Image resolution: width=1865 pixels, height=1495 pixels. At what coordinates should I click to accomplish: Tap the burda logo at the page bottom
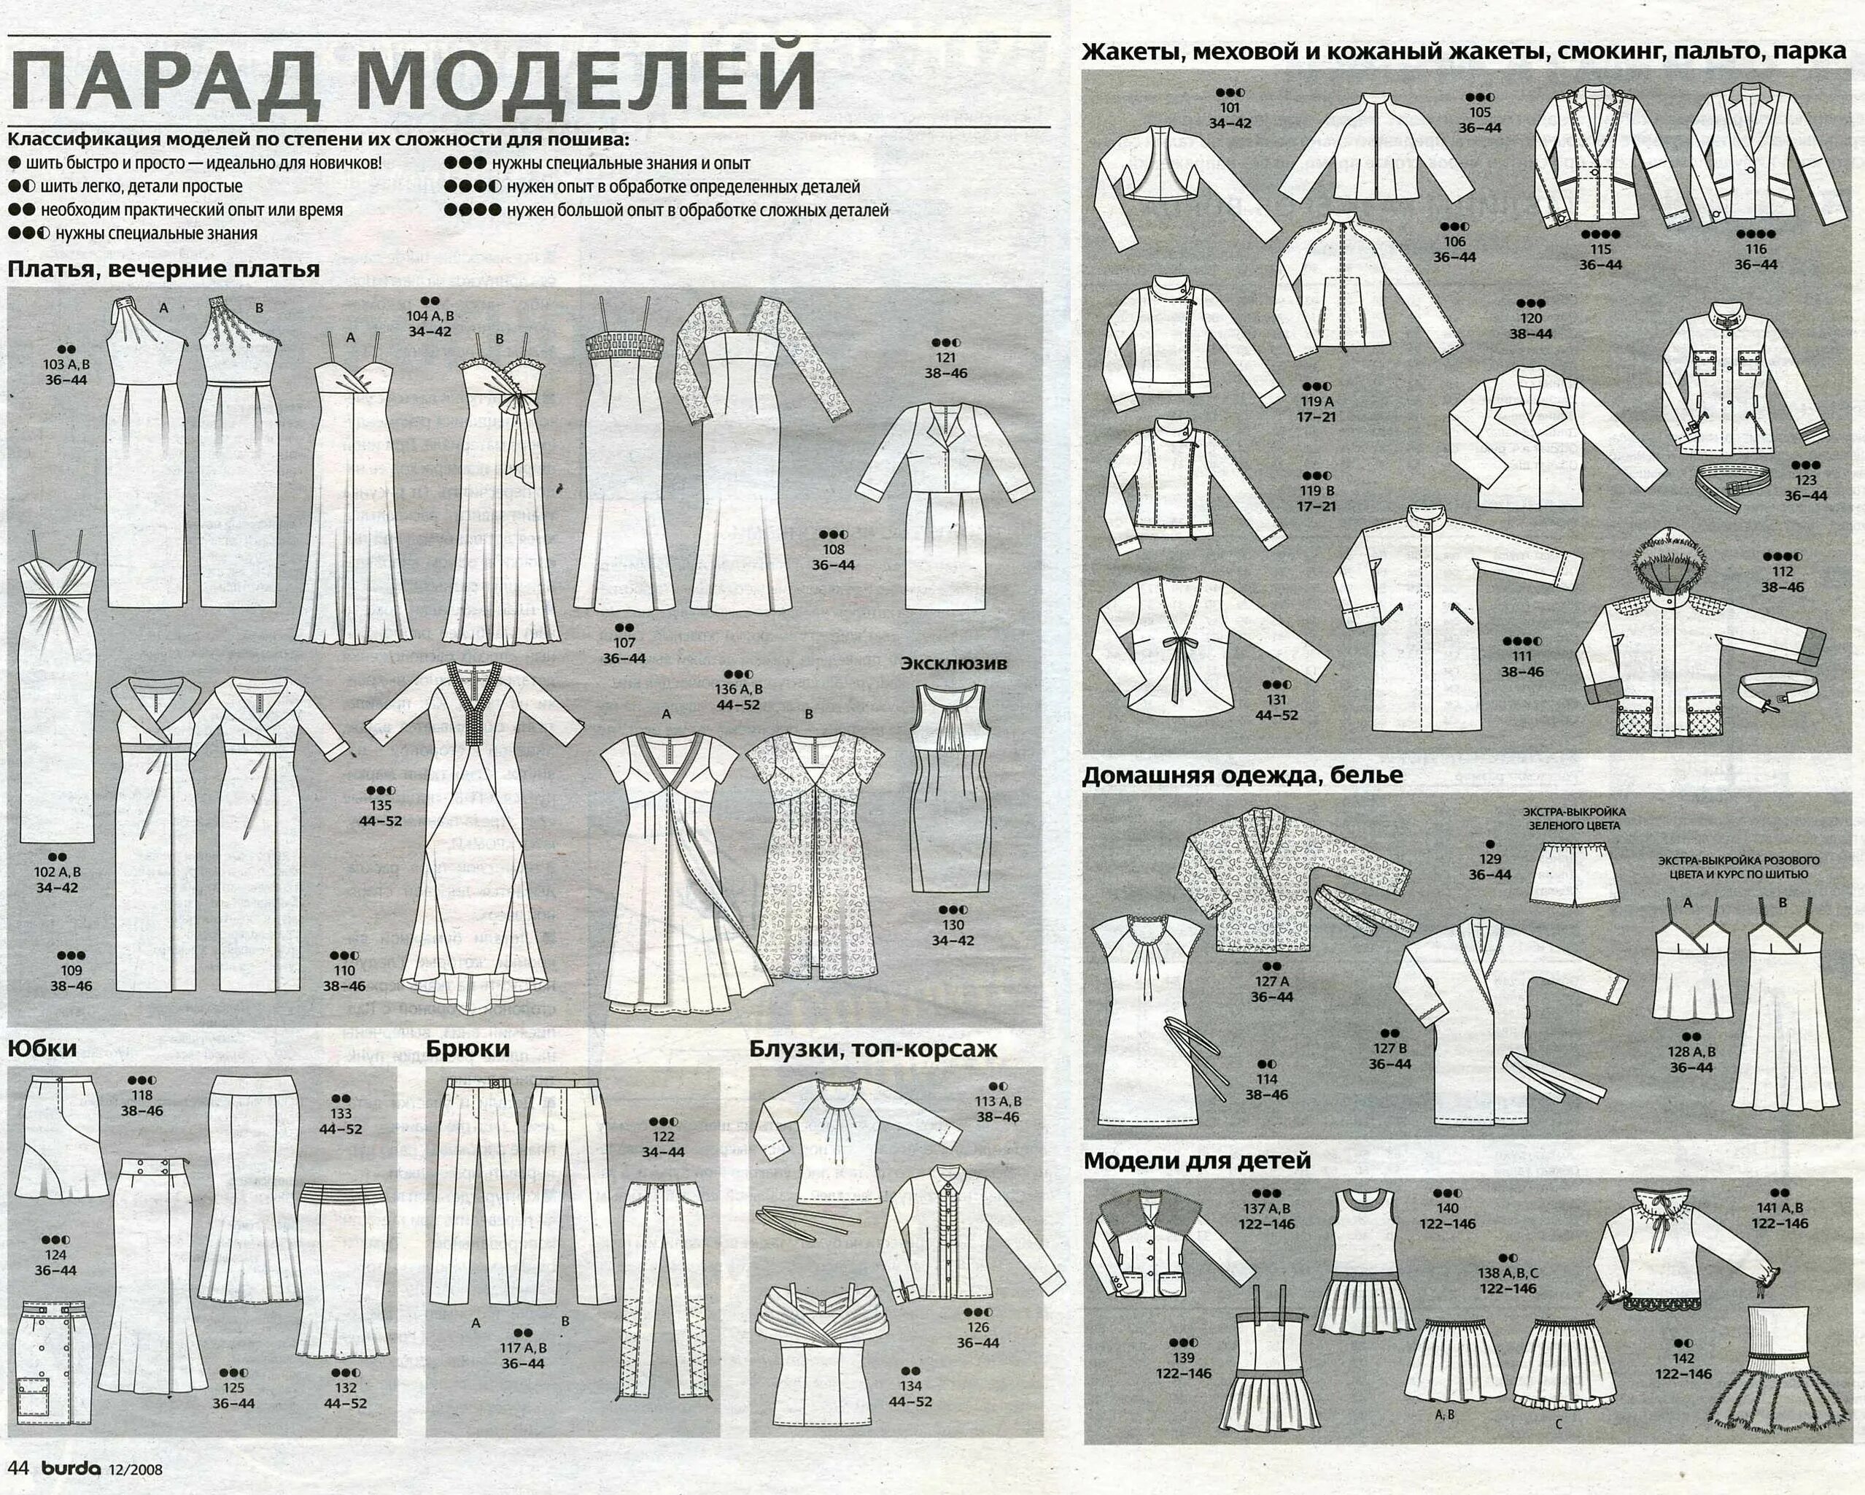coord(71,1468)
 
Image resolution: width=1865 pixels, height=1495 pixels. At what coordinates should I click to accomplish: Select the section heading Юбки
coord(42,1048)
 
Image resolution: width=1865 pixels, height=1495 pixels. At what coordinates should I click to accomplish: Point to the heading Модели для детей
coord(1196,1160)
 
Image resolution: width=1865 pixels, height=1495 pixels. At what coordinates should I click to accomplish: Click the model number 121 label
coord(945,358)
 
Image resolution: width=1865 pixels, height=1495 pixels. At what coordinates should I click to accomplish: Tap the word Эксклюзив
coord(953,663)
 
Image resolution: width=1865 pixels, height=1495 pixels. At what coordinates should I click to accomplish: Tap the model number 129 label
coord(1489,859)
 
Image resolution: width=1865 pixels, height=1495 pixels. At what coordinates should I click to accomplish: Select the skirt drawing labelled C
coord(1562,1364)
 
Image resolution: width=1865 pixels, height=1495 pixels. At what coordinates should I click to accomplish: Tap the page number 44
coord(19,1468)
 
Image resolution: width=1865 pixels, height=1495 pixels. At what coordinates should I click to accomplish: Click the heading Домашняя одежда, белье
coord(1242,775)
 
